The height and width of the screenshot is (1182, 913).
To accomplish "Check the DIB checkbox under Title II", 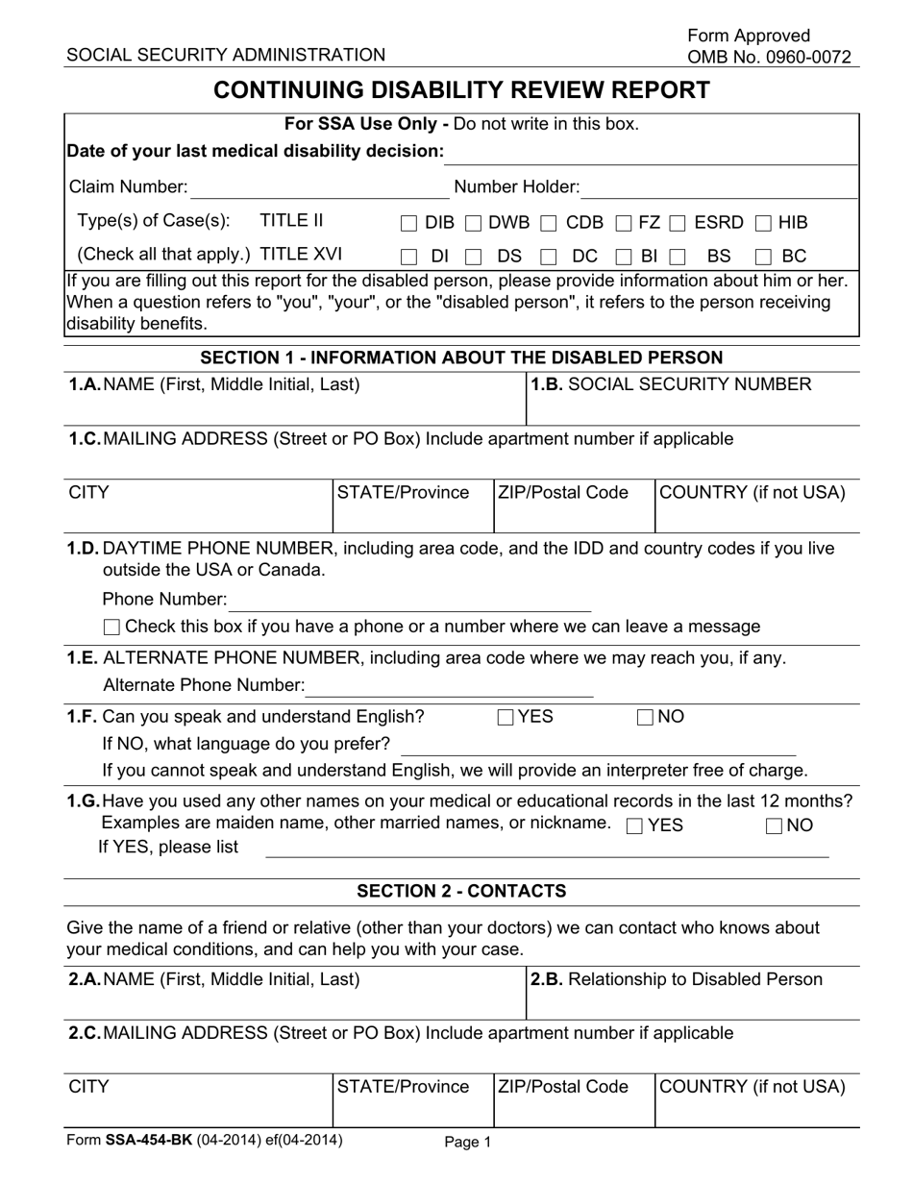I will click(408, 224).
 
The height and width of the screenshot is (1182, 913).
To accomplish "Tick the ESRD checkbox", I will click(678, 224).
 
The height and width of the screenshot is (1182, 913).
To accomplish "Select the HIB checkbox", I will click(763, 224).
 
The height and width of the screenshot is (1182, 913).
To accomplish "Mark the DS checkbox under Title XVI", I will click(474, 257).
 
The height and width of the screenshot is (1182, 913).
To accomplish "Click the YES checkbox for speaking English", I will click(506, 717).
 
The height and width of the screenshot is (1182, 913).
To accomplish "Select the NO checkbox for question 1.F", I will click(646, 717).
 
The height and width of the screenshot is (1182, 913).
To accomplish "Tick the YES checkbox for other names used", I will click(634, 825).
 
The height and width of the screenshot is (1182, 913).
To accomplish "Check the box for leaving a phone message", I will click(111, 628).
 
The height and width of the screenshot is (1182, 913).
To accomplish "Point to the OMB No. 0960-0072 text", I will click(769, 57).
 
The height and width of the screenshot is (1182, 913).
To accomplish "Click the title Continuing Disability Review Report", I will click(461, 90).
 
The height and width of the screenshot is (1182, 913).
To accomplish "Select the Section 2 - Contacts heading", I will click(461, 891).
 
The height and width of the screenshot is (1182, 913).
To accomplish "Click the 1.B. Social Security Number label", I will click(671, 385).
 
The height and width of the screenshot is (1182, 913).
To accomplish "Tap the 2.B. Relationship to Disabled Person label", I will click(677, 979).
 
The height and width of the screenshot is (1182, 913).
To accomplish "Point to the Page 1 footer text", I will click(468, 1143).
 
